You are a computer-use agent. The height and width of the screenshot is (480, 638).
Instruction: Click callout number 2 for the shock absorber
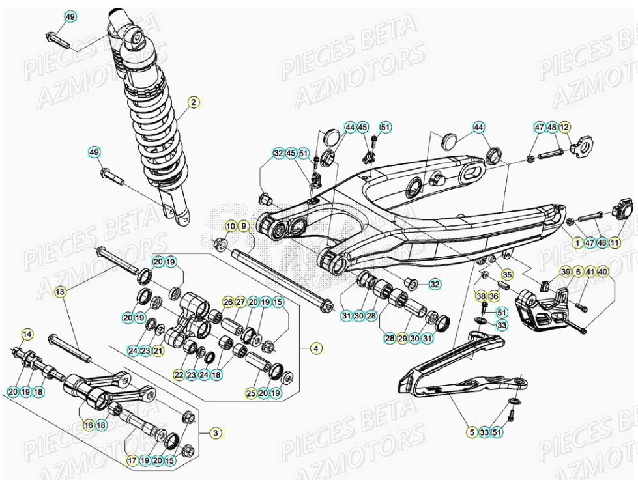pos(193,102)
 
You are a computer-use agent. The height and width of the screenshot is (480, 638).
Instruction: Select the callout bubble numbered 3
pos(216,432)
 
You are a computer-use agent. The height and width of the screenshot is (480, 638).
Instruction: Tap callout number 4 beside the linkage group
pos(316,348)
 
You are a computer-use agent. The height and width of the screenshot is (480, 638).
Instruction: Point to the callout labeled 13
pos(61,292)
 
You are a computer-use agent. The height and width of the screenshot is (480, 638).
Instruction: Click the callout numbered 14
pos(27,335)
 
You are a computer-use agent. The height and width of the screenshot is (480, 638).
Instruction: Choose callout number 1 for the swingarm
pos(576,243)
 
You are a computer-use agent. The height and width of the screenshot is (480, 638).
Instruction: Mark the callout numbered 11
pos(615,243)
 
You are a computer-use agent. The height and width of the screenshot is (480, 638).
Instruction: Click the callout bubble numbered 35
pos(507,274)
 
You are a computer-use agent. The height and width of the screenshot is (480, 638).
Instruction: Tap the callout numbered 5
pos(471,432)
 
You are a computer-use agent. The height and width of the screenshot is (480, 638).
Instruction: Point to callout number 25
pos(251,393)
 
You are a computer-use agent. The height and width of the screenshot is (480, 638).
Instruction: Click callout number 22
pos(179,374)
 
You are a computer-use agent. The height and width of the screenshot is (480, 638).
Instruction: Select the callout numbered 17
pos(132,460)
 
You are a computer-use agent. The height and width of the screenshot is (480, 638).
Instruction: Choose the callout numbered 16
pos(89,425)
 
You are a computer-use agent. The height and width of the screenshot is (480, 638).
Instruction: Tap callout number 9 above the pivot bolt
pos(244,226)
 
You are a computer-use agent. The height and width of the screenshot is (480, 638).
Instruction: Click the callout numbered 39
pos(565,272)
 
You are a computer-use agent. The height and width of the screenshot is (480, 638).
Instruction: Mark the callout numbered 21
pos(158,350)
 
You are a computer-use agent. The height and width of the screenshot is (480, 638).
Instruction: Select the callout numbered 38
pos(482,296)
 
